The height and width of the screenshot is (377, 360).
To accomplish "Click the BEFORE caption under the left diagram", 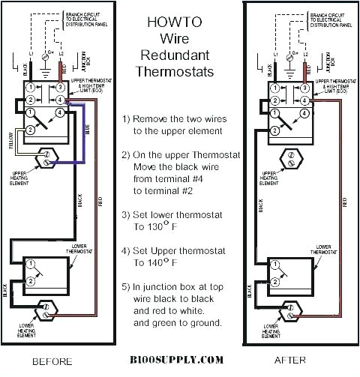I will [x=51, y=360].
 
